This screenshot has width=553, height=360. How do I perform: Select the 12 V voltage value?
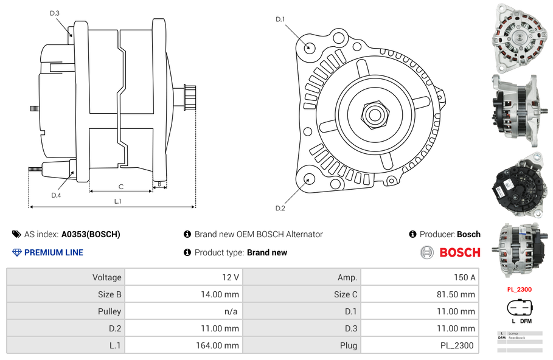point(230,277)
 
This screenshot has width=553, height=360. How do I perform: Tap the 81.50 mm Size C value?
point(459,294)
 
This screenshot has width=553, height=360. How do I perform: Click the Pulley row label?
point(110,311)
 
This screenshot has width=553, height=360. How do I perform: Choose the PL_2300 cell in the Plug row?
point(457,345)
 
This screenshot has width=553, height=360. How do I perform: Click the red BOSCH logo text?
point(459,252)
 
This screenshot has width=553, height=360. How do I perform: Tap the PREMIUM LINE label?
point(54,252)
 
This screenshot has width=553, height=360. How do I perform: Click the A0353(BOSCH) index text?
point(91,234)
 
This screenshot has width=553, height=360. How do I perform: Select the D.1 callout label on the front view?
point(280,19)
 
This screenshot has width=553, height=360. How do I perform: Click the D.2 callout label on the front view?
point(280,208)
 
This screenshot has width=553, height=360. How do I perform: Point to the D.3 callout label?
point(55,13)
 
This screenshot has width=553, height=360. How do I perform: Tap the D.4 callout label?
point(56,195)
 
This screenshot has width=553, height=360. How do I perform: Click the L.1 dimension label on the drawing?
point(117,201)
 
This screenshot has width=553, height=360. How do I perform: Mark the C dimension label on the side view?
point(121,187)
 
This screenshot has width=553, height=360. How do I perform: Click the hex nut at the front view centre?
point(374,114)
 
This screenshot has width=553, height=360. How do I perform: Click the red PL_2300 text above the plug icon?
point(519,290)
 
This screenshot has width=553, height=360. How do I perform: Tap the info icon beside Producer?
point(412,234)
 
